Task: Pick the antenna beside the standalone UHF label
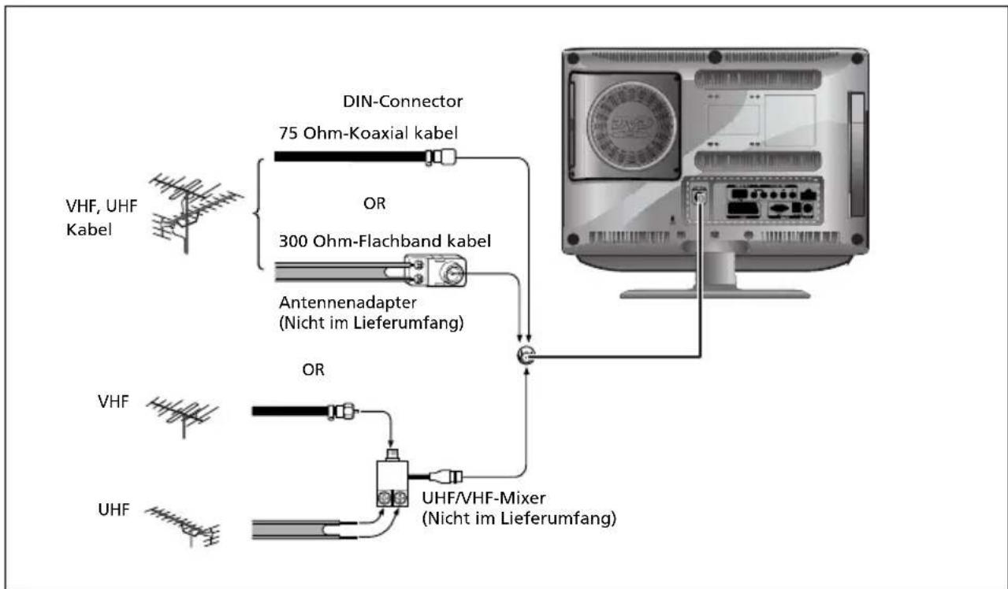tap(184, 524)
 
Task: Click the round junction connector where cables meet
tap(526, 356)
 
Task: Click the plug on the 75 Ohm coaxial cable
tap(442, 157)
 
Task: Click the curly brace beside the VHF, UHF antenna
tap(257, 213)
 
